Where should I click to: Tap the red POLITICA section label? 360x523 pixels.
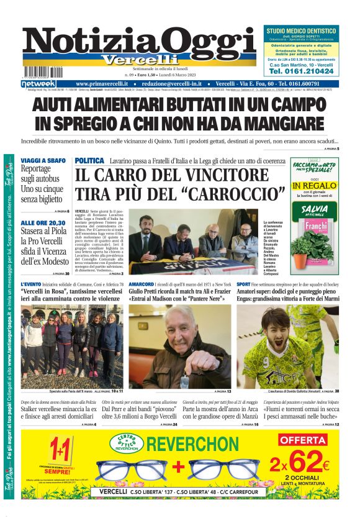pos(89,161)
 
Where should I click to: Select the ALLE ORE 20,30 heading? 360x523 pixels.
pos(42,222)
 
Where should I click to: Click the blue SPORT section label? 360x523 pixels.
pos(243,284)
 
